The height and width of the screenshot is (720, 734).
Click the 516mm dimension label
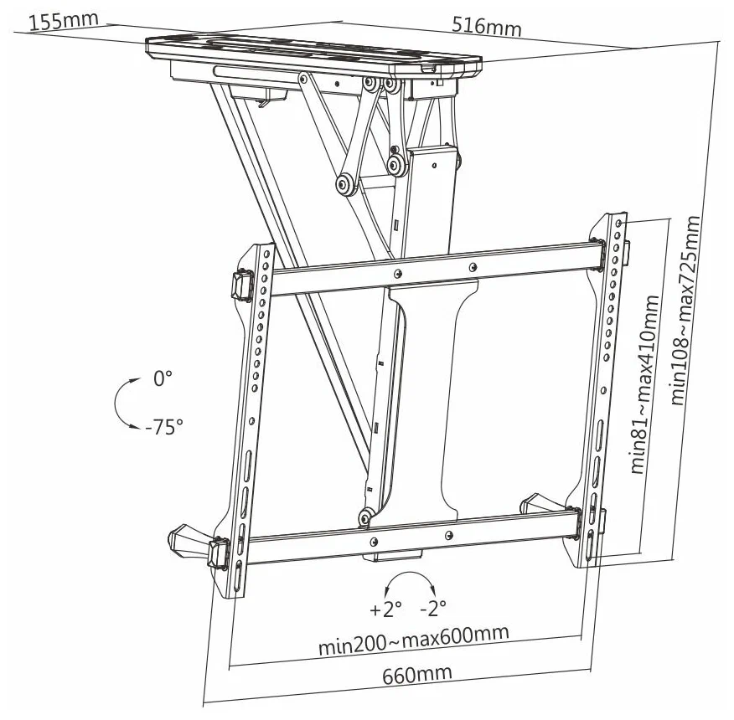pyautogui.click(x=486, y=26)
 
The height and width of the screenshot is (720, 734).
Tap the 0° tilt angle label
pyautogui.click(x=163, y=378)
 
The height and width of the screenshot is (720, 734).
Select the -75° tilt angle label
pyautogui.click(x=163, y=427)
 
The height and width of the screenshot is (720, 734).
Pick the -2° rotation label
pyautogui.click(x=433, y=605)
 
